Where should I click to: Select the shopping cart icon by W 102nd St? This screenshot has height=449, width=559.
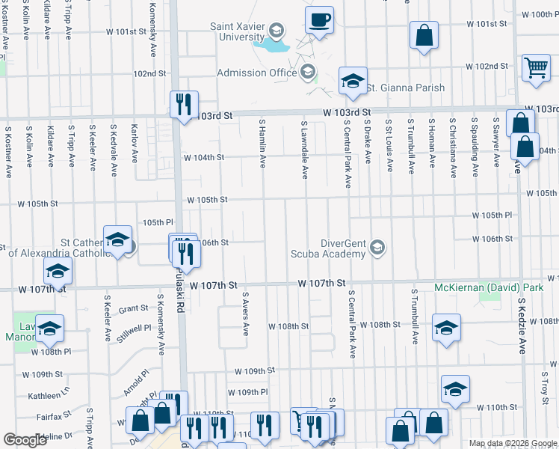(536, 68)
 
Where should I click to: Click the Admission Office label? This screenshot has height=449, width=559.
(256, 73)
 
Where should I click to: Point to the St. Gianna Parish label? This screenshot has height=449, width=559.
(405, 88)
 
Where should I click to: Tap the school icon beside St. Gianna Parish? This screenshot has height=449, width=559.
(352, 82)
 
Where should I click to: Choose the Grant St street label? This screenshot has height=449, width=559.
(133, 308)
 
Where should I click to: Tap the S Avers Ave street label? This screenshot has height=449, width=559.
(244, 314)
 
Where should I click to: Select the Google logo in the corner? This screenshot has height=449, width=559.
(25, 440)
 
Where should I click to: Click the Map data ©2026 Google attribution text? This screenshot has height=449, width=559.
(512, 443)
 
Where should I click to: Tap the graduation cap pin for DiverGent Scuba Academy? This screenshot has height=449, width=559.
(378, 248)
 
